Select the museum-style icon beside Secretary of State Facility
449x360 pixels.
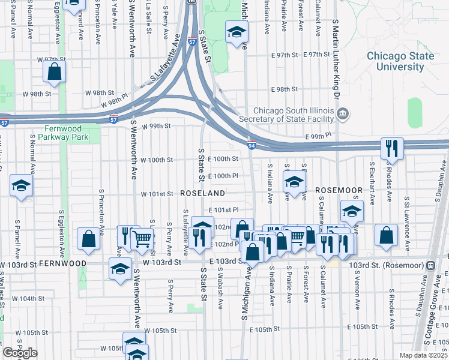click(342, 112)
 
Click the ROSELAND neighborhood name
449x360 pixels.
click(202, 193)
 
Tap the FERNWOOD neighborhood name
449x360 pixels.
click(63, 263)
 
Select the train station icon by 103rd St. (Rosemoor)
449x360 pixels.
click(430, 265)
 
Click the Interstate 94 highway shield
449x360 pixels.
click(252, 145)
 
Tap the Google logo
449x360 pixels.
click(20, 353)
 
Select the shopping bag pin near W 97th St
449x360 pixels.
click(54, 71)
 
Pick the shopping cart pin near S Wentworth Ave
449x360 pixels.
click(142, 238)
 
